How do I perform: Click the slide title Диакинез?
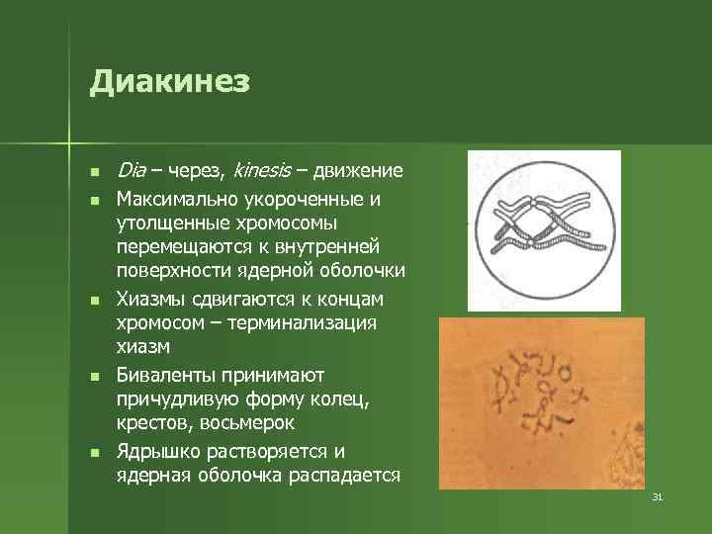[169, 81]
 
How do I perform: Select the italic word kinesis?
[261, 171]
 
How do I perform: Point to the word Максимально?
[178, 200]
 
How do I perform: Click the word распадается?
[346, 476]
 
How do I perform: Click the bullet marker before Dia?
[94, 172]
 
